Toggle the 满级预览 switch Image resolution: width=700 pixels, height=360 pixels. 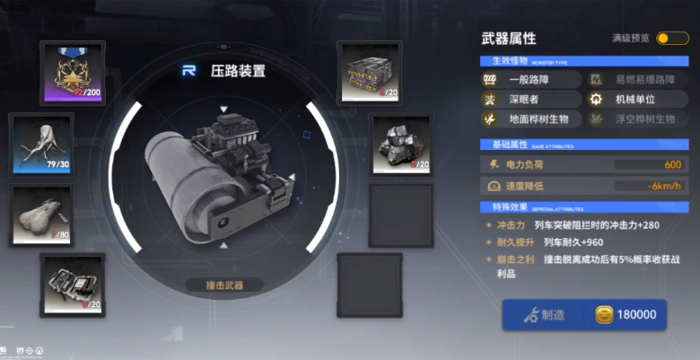pos(672,38)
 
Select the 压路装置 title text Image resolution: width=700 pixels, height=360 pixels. pos(238,70)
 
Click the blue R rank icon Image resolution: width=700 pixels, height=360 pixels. pos(189,70)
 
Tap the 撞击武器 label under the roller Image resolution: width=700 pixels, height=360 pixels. pos(224,285)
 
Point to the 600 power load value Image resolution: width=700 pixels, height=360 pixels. pos(672,164)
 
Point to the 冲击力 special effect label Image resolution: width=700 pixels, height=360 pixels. pos(509,226)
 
